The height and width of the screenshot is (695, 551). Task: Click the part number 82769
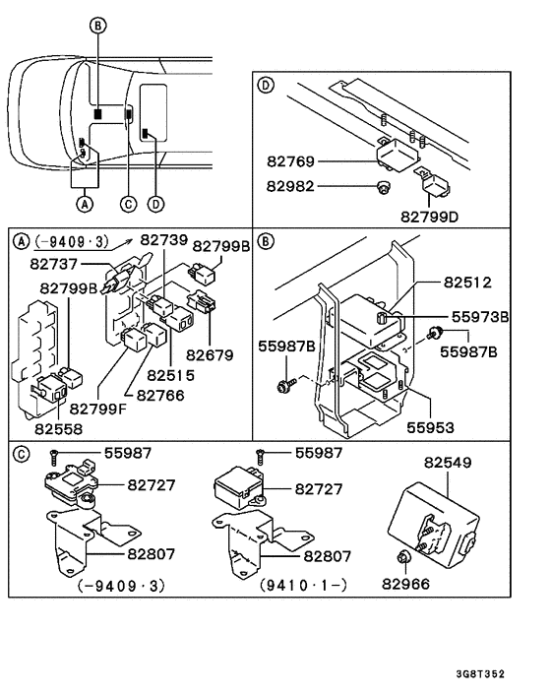(x=289, y=160)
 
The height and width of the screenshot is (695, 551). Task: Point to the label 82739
(x=162, y=240)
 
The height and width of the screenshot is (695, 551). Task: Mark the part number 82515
(x=171, y=375)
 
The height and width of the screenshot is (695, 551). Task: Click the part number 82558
(x=58, y=429)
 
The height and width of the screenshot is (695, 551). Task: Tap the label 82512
(x=466, y=282)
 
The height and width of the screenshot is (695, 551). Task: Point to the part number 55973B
(x=480, y=317)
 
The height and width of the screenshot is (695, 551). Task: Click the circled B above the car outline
(x=96, y=25)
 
